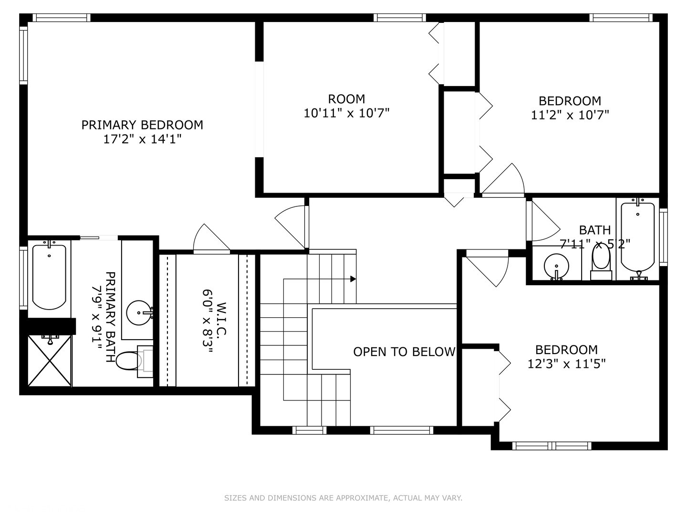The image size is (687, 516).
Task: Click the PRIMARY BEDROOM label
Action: (142, 125)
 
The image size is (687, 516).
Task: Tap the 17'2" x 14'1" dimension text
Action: (142, 139)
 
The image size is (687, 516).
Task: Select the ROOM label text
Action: (346, 99)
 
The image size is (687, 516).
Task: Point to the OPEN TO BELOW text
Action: (404, 352)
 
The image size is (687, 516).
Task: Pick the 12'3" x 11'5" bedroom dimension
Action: (566, 364)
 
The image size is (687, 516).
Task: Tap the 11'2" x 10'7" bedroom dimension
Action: (570, 115)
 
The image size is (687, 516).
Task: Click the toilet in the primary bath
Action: (134, 361)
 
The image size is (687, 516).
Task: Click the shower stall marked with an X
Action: (50, 361)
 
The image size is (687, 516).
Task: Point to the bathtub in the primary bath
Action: (50, 275)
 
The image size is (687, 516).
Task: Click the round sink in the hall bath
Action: (556, 267)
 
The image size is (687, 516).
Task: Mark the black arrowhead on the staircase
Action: (353, 279)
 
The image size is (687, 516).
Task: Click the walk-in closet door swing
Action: (211, 238)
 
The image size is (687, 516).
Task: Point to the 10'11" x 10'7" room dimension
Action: (346, 113)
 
